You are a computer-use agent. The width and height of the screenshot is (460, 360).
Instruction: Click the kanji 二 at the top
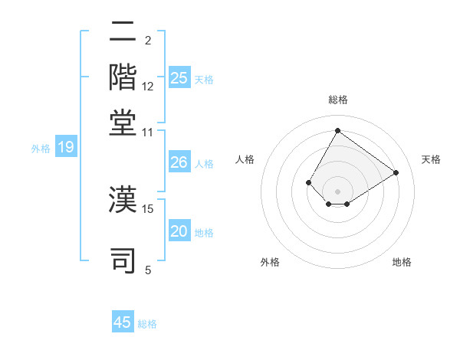[x=123, y=32]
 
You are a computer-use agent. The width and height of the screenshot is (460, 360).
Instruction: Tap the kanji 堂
[x=123, y=122]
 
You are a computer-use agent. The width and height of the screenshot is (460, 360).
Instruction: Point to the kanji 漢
[x=123, y=200]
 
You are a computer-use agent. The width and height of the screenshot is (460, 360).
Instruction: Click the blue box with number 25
[x=179, y=78]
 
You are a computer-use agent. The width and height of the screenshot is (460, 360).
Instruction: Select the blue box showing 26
[x=179, y=162]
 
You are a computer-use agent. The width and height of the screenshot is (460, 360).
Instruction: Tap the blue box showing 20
[x=179, y=232]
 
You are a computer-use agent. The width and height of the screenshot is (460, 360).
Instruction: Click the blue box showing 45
[x=123, y=322]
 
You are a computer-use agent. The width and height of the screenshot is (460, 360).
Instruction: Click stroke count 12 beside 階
[x=148, y=86]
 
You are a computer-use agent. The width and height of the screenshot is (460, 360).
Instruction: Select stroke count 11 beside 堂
[x=148, y=132]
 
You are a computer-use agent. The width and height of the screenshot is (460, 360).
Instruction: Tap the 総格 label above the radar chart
[x=338, y=100]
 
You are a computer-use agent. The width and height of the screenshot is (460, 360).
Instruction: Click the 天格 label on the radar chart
[x=432, y=159]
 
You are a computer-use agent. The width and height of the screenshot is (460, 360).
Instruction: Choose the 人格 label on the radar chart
[x=245, y=159]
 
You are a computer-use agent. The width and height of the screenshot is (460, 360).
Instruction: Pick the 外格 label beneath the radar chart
[x=270, y=263]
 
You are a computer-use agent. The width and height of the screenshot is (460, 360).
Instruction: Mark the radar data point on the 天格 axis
[x=396, y=172]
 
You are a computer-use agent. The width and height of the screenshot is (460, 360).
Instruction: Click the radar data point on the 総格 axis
[x=338, y=130]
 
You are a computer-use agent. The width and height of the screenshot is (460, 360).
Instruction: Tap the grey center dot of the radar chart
[x=338, y=191]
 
